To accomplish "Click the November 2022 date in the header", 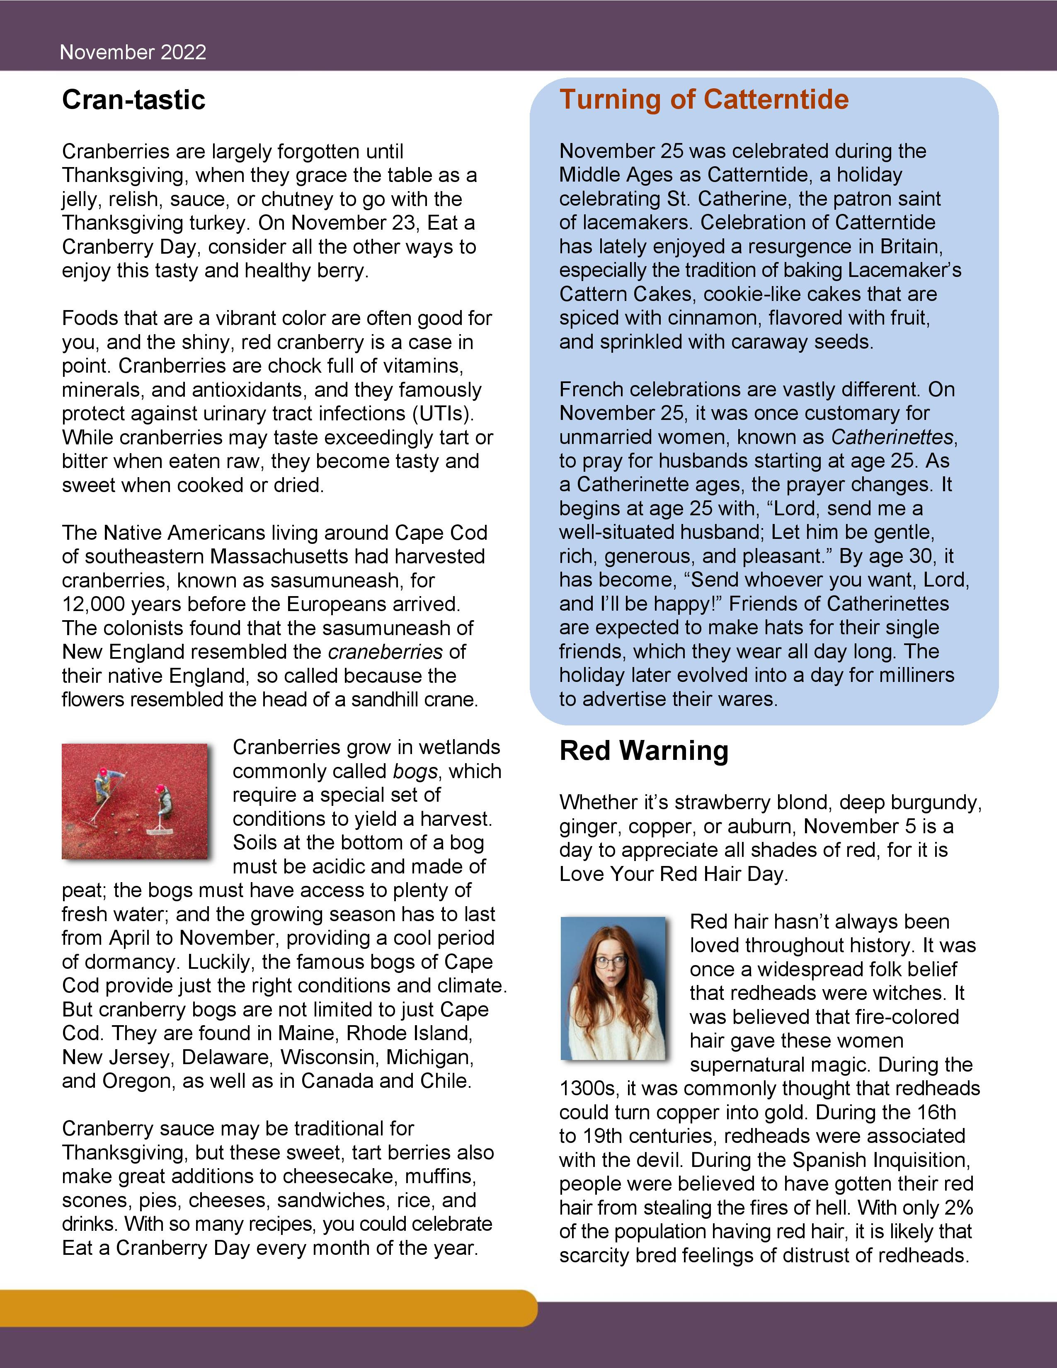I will [x=133, y=52].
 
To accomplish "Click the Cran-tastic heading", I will [x=133, y=99].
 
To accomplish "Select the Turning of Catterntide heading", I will [x=704, y=99].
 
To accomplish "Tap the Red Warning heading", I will [x=644, y=750].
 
